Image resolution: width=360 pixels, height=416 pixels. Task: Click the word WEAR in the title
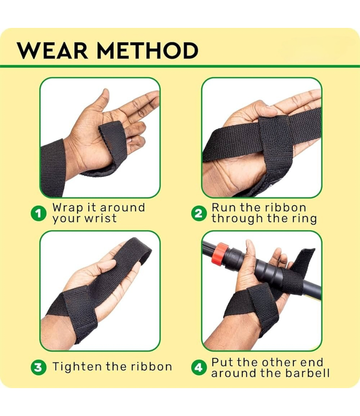52,50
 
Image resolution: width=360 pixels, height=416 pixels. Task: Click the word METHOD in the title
148,50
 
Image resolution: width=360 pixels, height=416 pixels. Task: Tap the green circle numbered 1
39,213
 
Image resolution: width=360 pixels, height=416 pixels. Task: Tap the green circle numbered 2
199,213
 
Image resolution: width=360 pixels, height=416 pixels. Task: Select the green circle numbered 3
39,367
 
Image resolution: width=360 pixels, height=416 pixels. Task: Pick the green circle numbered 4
199,367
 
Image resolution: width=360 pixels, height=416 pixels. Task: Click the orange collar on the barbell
219,253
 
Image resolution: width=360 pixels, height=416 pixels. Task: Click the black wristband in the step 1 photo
52,168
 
